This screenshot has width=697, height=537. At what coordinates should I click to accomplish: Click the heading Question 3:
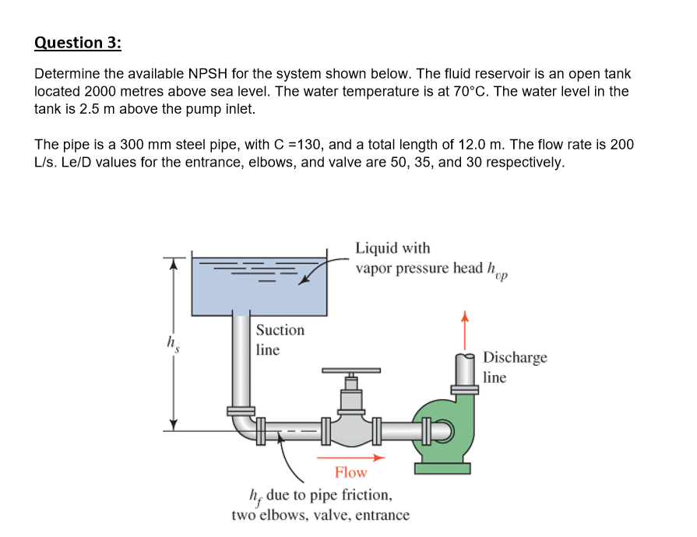(x=78, y=42)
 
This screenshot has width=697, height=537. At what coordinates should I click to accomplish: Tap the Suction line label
(x=280, y=339)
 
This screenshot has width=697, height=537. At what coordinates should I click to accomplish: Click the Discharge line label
(x=514, y=367)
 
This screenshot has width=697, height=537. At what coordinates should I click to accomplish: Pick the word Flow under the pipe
(x=350, y=472)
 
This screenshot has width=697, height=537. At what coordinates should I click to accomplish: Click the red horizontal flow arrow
(x=360, y=458)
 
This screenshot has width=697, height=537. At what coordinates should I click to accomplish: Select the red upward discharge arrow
(x=465, y=330)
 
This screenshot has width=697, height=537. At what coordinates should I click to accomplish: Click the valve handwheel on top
(x=351, y=370)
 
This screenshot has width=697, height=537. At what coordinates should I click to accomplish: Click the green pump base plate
(x=442, y=468)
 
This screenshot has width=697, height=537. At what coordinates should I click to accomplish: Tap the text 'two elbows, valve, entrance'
(x=320, y=515)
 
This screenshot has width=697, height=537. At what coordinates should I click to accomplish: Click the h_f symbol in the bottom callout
(x=254, y=496)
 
